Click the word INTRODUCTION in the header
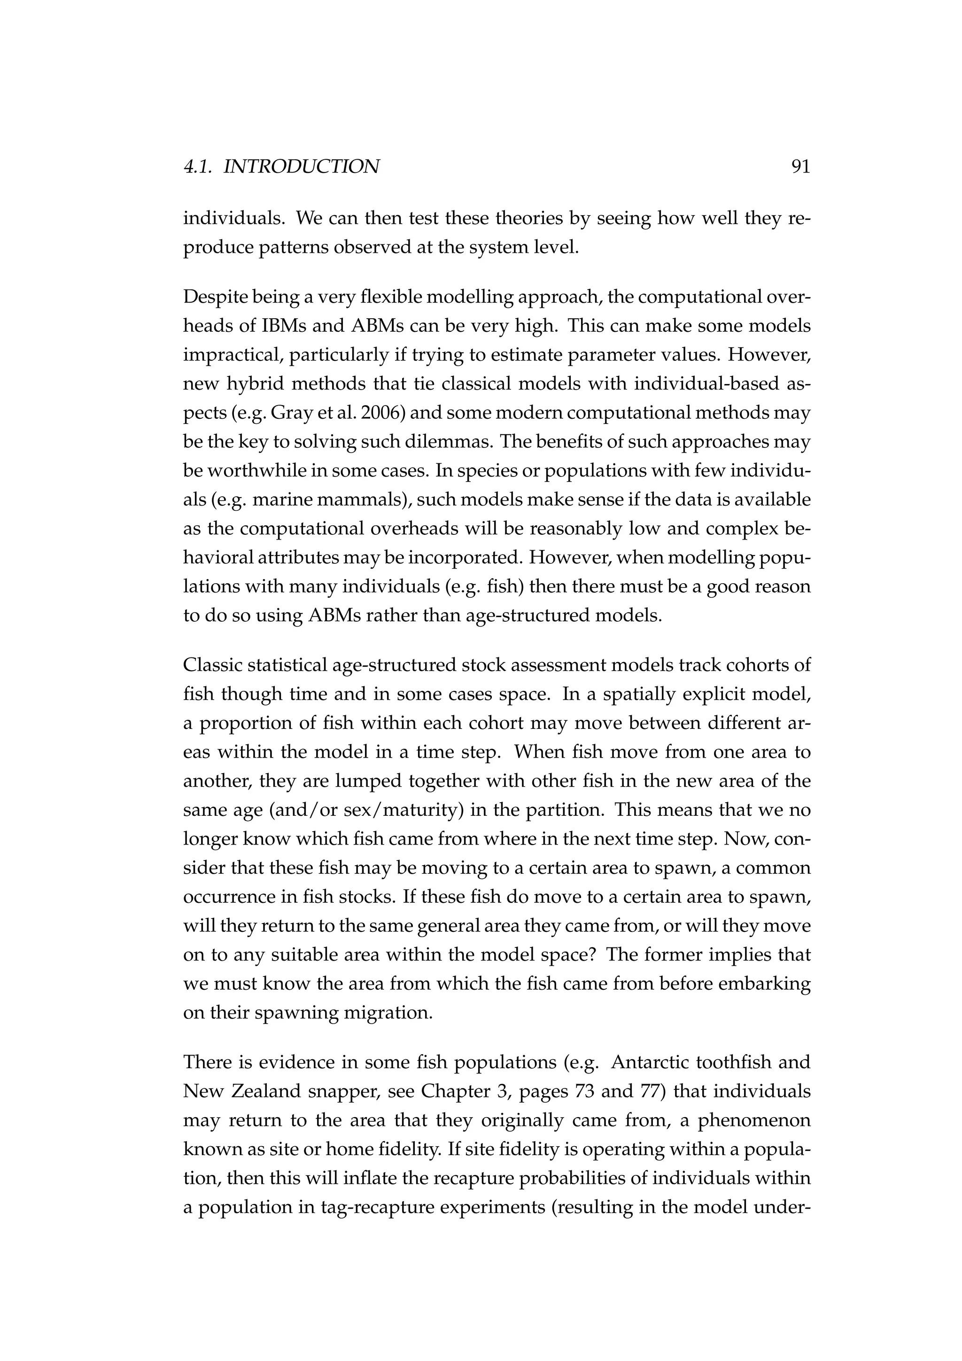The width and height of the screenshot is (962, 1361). coord(302,167)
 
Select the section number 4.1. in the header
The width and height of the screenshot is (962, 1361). coord(199,167)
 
